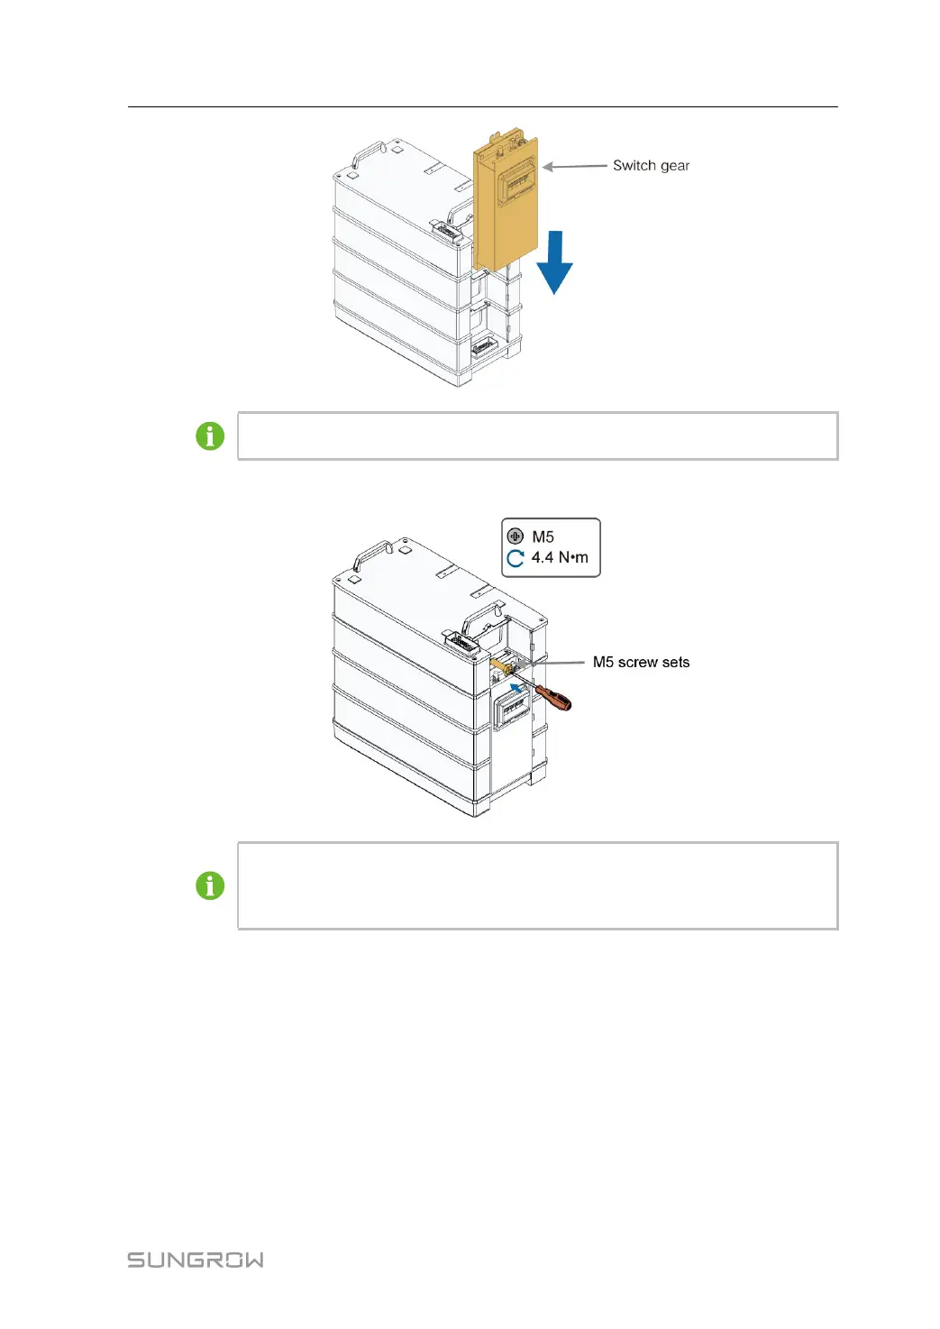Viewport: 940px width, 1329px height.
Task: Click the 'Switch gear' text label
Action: (651, 166)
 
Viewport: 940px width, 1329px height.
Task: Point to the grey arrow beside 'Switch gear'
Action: (574, 166)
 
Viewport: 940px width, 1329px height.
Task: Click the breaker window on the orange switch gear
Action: (519, 185)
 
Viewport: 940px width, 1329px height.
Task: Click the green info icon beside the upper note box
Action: (210, 436)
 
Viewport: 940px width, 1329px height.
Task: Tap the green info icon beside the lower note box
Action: (210, 885)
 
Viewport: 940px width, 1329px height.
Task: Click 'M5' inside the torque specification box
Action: (543, 536)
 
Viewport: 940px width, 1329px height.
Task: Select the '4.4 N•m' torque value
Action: (559, 557)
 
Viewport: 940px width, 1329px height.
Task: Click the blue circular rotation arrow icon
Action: (516, 558)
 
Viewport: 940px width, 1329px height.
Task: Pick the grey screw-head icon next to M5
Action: (516, 536)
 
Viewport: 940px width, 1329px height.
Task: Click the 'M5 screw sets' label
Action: (641, 662)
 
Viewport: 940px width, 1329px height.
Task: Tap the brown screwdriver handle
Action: (553, 697)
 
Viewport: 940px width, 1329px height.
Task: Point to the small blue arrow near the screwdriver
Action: (516, 689)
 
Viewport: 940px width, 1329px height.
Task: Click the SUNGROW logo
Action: (196, 1260)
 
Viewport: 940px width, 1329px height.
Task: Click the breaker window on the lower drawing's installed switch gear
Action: (511, 711)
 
